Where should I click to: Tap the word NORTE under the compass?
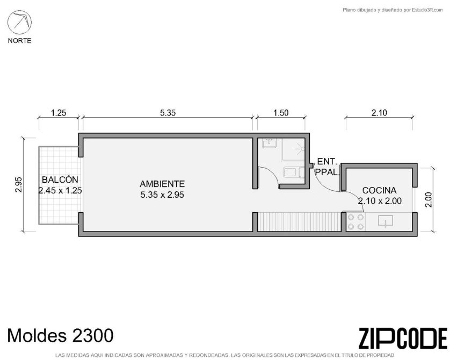pyautogui.click(x=19, y=41)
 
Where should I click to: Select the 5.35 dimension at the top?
pyautogui.click(x=168, y=113)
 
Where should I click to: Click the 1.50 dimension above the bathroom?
pyautogui.click(x=281, y=113)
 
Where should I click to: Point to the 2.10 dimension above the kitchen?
pyautogui.click(x=379, y=113)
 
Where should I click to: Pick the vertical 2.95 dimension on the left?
pyautogui.click(x=18, y=185)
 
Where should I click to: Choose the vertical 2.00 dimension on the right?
pyautogui.click(x=428, y=199)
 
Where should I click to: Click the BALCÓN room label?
pyautogui.click(x=60, y=179)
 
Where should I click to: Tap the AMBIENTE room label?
pyautogui.click(x=162, y=184)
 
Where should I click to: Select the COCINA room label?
pyautogui.click(x=380, y=190)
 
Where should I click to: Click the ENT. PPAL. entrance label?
pyautogui.click(x=327, y=167)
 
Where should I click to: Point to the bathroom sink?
pyautogui.click(x=269, y=143)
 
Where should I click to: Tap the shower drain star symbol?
pyautogui.click(x=301, y=149)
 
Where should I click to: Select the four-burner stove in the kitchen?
pyautogui.click(x=356, y=222)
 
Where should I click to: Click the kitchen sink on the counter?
pyautogui.click(x=386, y=221)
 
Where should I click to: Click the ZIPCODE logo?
pyautogui.click(x=403, y=339)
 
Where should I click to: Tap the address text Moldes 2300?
pyautogui.click(x=60, y=335)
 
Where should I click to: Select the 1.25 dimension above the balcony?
pyautogui.click(x=59, y=113)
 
